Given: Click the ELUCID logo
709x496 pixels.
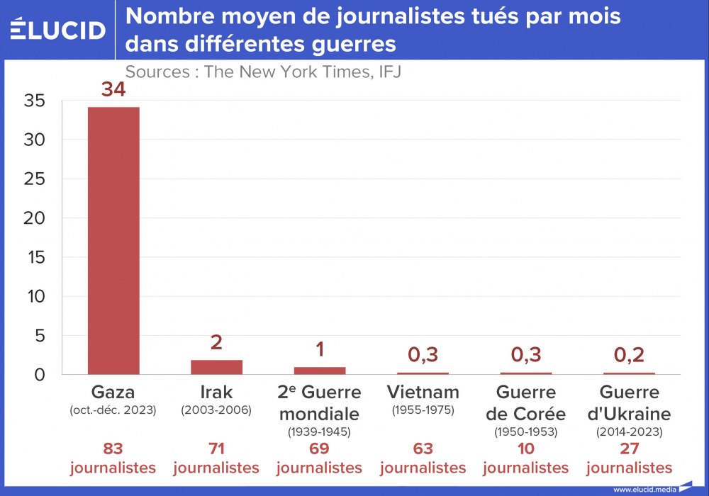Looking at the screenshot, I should (58, 30).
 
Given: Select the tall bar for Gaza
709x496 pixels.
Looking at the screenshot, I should (113, 241).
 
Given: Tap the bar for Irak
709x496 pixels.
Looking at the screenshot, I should (216, 367).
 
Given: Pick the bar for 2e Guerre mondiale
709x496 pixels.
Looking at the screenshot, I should (320, 371).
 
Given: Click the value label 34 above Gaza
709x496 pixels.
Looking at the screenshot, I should (113, 90).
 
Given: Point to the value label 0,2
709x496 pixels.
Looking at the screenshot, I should (629, 355).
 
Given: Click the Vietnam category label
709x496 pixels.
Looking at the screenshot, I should (423, 392).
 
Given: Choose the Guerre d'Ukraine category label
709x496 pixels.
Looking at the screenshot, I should (629, 403).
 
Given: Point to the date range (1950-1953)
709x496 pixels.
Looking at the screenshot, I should (526, 431).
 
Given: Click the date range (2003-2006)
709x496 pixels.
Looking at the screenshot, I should (216, 410).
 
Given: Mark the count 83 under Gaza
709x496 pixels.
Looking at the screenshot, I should (113, 449).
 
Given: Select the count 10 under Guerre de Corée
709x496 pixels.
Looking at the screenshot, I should (526, 449).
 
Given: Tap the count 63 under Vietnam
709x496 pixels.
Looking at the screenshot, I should (423, 449).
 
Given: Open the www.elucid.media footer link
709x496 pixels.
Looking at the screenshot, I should (644, 489).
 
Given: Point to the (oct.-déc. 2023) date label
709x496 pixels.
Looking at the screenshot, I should (113, 410).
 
